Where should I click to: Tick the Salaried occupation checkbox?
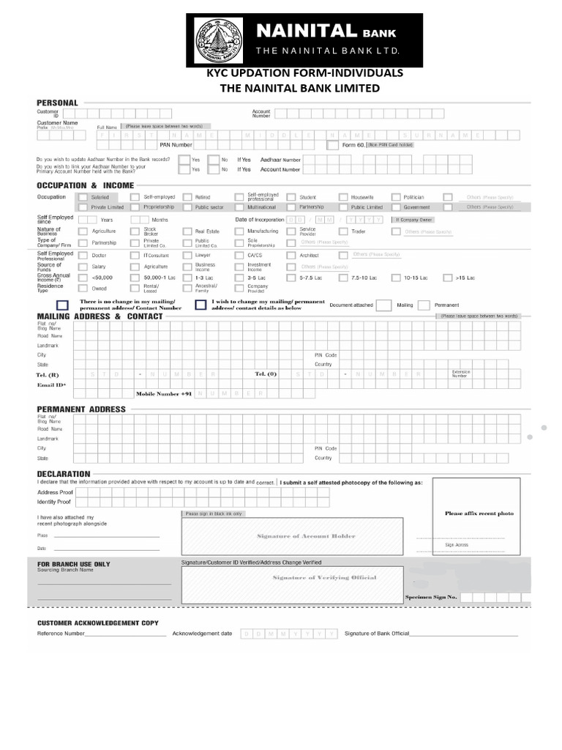click(83, 197)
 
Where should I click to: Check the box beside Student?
click(291, 197)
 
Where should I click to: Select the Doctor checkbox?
click(83, 255)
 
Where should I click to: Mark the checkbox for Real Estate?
click(187, 231)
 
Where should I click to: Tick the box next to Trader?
click(343, 231)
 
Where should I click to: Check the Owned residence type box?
click(83, 289)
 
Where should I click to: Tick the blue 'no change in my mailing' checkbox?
click(63, 305)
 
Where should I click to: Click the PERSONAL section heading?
click(57, 103)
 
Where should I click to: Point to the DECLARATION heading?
click(64, 474)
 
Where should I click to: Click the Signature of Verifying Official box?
click(324, 578)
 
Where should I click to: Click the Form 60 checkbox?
click(333, 145)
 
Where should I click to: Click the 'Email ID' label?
click(51, 385)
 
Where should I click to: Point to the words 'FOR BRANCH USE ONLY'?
click(73, 564)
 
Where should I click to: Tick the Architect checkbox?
click(291, 255)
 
